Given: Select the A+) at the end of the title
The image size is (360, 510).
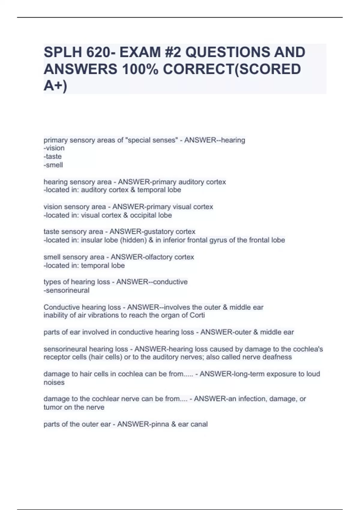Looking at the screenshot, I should pyautogui.click(x=55, y=86).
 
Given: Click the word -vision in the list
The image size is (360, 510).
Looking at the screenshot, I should pyautogui.click(x=54, y=148).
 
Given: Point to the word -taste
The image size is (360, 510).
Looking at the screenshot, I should pyautogui.click(x=53, y=157).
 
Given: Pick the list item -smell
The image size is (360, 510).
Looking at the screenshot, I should pyautogui.click(x=53, y=165).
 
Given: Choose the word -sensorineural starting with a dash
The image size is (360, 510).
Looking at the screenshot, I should pyautogui.click(x=67, y=290).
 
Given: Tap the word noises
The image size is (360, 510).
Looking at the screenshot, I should pyautogui.click(x=54, y=382).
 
